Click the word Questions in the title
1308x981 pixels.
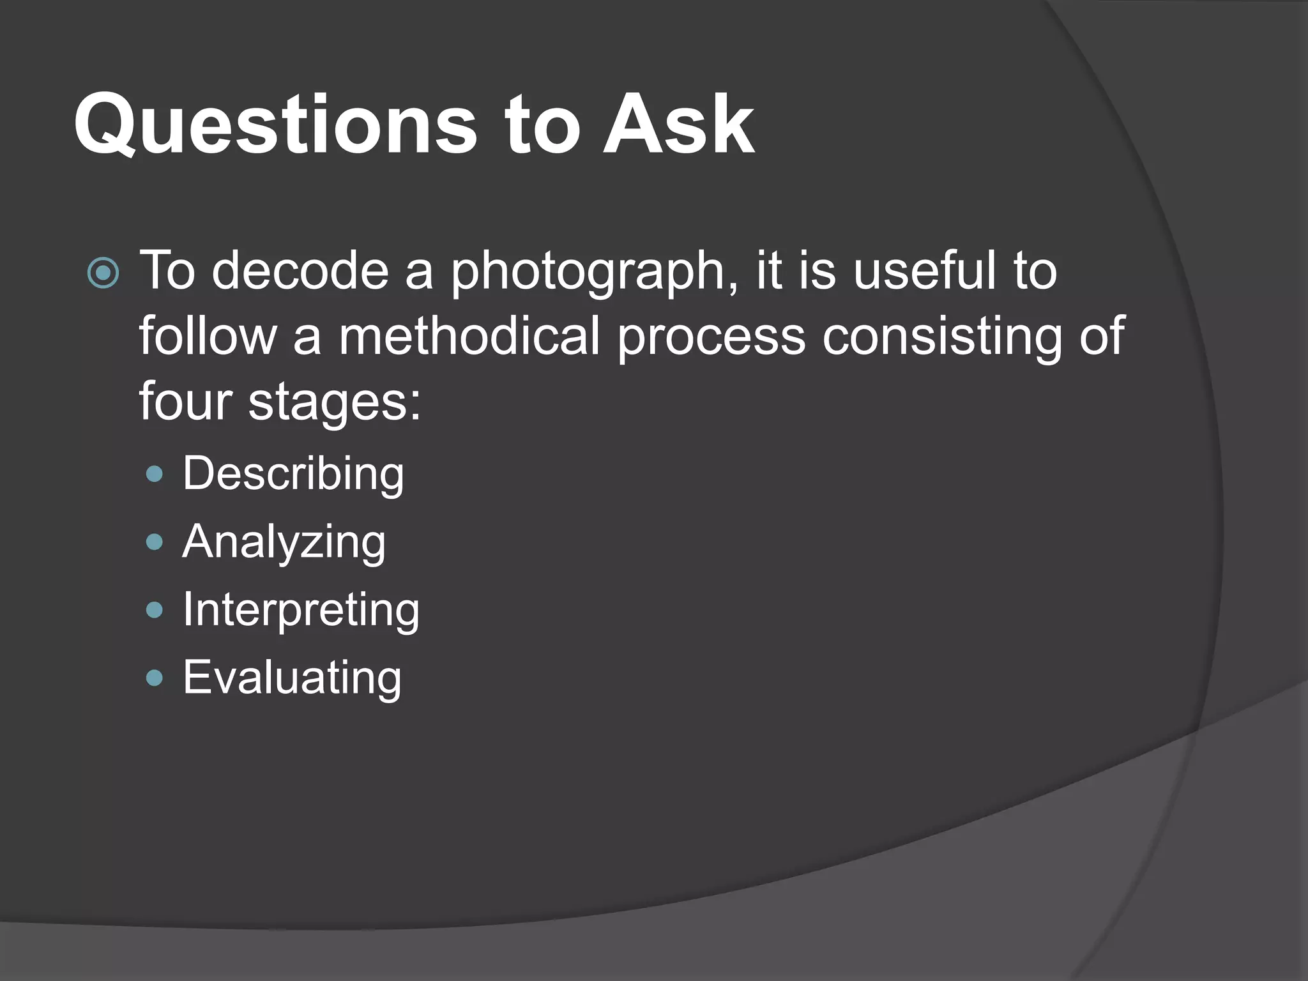pyautogui.click(x=275, y=125)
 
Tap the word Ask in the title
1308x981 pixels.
pyautogui.click(x=678, y=125)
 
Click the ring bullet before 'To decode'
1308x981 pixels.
pyautogui.click(x=103, y=273)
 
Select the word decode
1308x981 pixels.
pyautogui.click(x=300, y=271)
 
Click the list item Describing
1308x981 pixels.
pyautogui.click(x=293, y=474)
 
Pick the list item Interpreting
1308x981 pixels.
pyautogui.click(x=301, y=611)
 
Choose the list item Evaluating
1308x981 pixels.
pyautogui.click(x=293, y=678)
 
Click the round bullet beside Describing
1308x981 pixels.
pyautogui.click(x=155, y=474)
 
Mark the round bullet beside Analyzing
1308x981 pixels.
pyautogui.click(x=155, y=542)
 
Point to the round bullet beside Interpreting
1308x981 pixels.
pyautogui.click(x=155, y=610)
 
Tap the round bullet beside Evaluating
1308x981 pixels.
pyautogui.click(x=155, y=678)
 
